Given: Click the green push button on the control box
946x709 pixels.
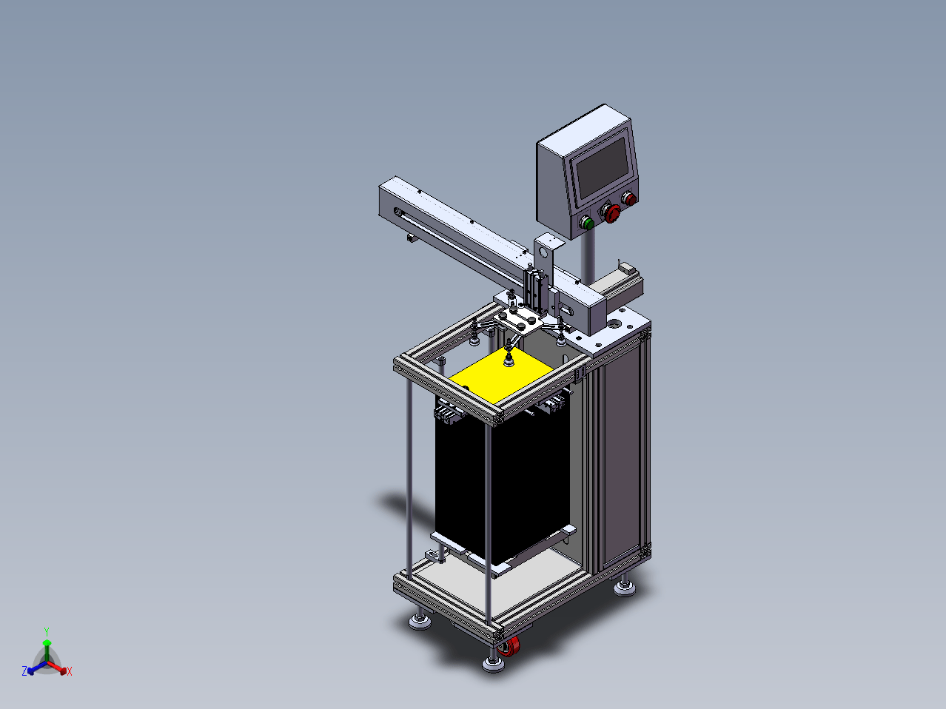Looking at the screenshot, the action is tap(587, 223).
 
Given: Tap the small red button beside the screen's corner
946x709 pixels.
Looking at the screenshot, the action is tap(630, 199).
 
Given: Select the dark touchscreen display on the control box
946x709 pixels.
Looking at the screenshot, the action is tap(603, 167).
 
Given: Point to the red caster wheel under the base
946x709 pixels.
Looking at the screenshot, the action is tap(509, 647).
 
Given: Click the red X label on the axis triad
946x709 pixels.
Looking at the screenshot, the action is tap(70, 671).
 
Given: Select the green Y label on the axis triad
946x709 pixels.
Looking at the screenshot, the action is tap(47, 632).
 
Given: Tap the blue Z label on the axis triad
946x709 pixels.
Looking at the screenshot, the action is tap(24, 671).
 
